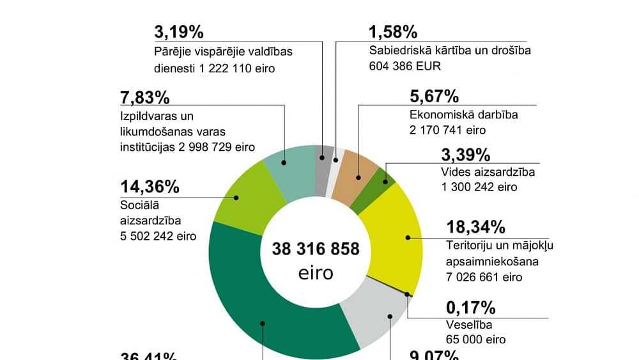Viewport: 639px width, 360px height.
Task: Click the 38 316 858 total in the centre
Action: pyautogui.click(x=315, y=249)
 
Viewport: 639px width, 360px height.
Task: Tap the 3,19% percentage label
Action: pyautogui.click(x=179, y=32)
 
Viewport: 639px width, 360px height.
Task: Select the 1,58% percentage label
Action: pyautogui.click(x=394, y=32)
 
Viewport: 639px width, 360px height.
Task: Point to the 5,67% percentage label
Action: pyautogui.click(x=434, y=97)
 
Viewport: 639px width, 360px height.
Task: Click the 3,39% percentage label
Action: pyautogui.click(x=466, y=155)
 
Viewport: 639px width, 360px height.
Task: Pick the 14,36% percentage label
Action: pyautogui.click(x=150, y=187)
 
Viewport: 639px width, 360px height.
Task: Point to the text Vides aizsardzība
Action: pyautogui.click(x=488, y=172)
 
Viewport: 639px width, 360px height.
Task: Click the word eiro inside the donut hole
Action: pyautogui.click(x=316, y=273)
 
